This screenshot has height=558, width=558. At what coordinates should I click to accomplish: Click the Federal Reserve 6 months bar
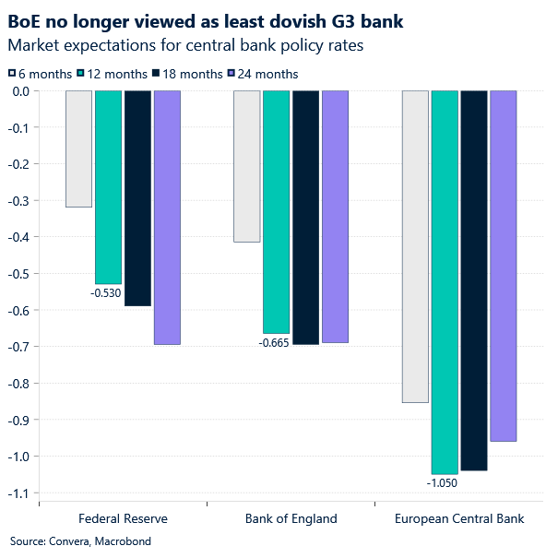(x=78, y=148)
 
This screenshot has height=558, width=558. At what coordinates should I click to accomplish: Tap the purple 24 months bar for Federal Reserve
(x=167, y=218)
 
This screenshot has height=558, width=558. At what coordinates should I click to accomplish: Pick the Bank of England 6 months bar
(x=246, y=166)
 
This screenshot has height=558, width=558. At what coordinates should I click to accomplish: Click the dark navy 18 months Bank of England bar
(x=305, y=218)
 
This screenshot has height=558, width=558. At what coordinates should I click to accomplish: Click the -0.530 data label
(x=105, y=293)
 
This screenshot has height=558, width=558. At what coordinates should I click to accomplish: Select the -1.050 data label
(x=442, y=482)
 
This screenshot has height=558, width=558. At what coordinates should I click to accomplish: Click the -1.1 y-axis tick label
(x=17, y=493)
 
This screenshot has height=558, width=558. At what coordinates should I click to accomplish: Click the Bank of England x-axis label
(x=291, y=518)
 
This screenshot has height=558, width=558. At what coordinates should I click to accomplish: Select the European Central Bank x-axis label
(x=458, y=518)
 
